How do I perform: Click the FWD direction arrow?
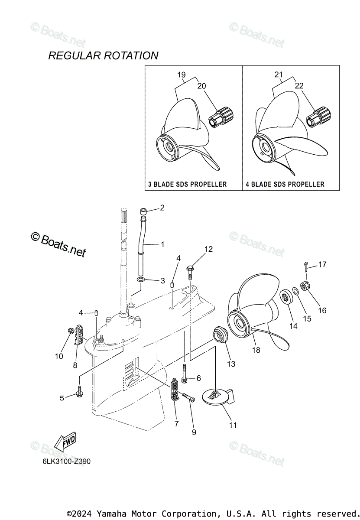65,442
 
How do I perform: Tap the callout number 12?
209,249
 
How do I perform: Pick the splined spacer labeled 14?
285,297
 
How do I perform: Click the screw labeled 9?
188,397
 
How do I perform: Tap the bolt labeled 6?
185,374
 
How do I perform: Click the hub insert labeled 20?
221,117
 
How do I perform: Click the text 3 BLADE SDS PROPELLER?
187,184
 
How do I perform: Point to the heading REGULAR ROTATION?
103,55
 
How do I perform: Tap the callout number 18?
256,350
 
